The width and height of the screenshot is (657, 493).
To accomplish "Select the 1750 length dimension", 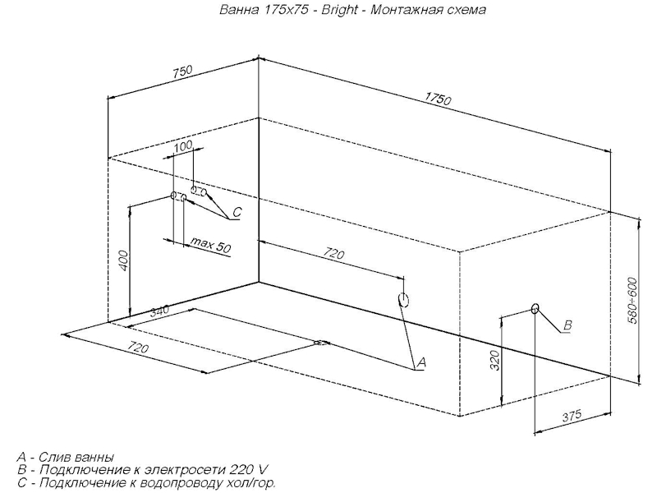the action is (439, 99).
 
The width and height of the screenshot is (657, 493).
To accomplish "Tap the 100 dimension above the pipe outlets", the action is (183, 146).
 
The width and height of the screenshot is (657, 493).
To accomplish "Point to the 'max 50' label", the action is (210, 245).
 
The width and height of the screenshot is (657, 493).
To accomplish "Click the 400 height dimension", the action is (124, 260).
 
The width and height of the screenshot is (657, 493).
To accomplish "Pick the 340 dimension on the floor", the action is (159, 311).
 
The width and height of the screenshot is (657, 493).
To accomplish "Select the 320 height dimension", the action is (495, 360).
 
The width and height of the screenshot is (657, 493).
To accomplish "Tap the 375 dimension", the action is (572, 416).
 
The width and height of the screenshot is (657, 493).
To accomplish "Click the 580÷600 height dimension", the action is (632, 301).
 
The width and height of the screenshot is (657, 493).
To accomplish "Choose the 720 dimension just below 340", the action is (138, 348).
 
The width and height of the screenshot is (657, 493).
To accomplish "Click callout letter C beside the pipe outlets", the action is (237, 212).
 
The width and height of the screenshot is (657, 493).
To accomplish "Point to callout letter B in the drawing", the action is (567, 325).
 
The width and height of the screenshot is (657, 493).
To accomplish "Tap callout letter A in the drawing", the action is (421, 362).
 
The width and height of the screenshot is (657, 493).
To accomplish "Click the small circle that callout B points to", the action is (535, 309).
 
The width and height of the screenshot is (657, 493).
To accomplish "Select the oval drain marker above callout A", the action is (403, 300).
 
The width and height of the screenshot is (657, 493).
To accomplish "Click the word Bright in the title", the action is (339, 9).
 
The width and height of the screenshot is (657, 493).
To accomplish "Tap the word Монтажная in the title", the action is (408, 10).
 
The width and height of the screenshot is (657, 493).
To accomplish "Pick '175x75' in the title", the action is (286, 10).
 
